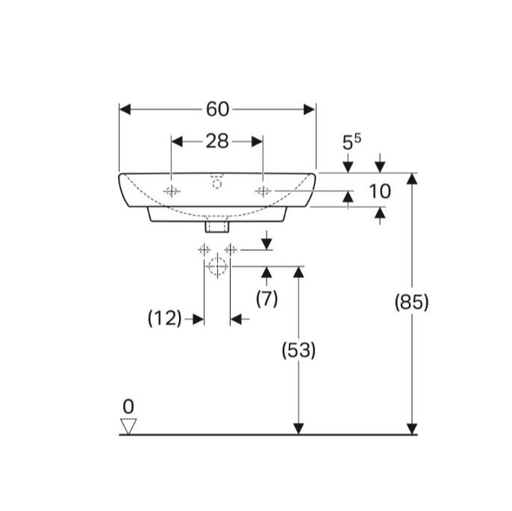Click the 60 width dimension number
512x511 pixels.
(x=217, y=109)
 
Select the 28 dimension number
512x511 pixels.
(x=217, y=141)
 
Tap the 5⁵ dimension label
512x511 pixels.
(x=352, y=142)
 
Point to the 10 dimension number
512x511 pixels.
(x=380, y=191)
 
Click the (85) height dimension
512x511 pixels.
(x=411, y=302)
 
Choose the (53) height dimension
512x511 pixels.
(x=299, y=350)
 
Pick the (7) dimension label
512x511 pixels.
(x=266, y=299)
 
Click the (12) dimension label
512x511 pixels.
(x=164, y=318)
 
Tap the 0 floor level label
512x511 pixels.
(x=128, y=407)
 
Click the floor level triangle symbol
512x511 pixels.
(x=128, y=426)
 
